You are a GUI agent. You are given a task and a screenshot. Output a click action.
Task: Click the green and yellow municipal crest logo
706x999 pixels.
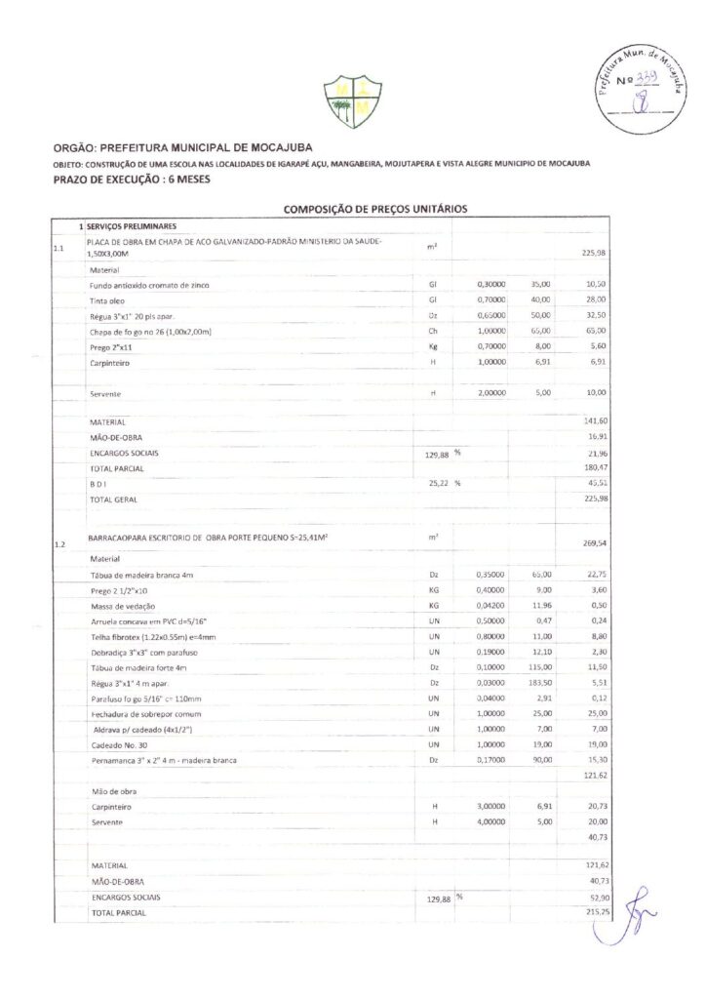[x=352, y=101]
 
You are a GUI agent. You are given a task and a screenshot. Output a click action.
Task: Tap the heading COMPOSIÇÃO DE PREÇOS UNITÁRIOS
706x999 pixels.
[x=375, y=209]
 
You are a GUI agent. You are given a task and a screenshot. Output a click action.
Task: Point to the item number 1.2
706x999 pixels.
[x=59, y=544]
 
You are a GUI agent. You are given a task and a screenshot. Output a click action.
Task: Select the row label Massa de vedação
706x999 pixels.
[x=124, y=605]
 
